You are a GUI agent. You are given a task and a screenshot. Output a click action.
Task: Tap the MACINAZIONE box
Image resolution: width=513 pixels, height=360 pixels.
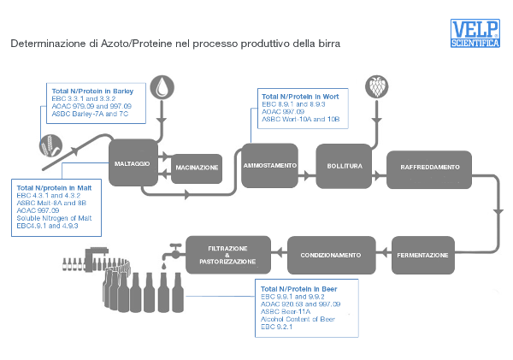[197, 167]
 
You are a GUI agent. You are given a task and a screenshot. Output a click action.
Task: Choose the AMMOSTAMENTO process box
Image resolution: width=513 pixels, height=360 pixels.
[269, 164]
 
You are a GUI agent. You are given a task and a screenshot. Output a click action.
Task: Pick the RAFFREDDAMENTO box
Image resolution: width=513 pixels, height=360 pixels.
[430, 165]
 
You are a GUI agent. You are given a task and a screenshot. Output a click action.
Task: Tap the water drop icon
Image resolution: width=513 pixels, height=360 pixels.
[161, 86]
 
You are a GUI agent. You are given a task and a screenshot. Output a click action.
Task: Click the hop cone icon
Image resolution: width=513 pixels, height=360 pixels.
[374, 86]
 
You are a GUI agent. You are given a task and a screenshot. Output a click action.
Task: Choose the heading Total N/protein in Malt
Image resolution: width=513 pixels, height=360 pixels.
[54, 186]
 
